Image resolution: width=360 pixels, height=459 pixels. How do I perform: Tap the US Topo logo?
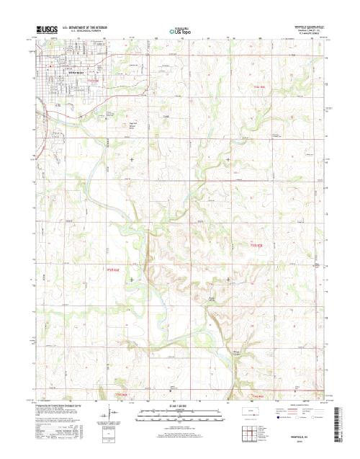[x=179, y=32]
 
